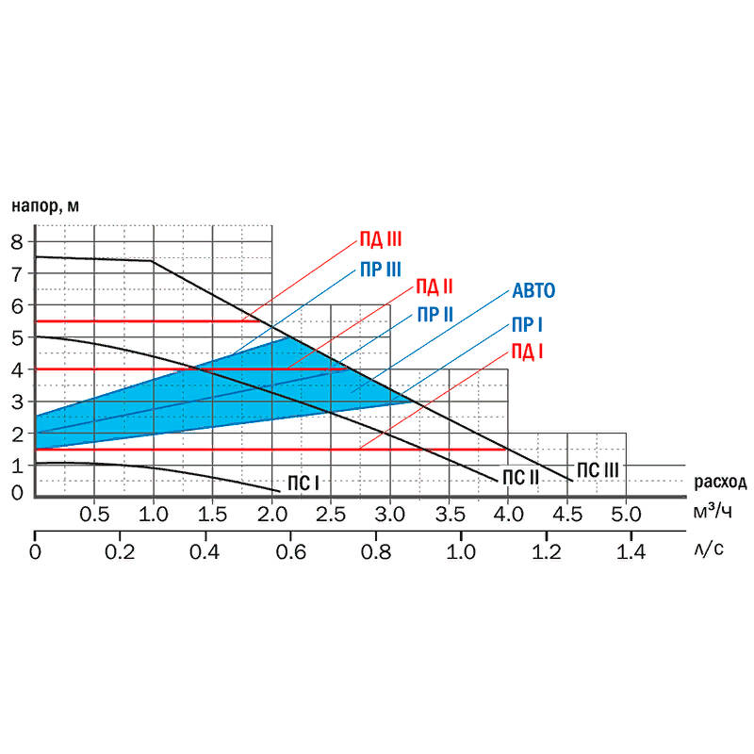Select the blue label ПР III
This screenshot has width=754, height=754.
coord(381,269)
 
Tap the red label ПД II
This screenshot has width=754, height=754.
coord(435,287)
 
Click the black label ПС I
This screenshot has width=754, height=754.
coord(303,483)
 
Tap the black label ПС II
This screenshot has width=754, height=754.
coord(519,478)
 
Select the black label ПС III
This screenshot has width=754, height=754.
coord(598,468)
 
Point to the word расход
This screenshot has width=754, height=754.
coord(720,483)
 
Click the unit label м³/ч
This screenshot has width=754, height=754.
coord(713,512)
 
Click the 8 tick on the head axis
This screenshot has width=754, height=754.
coord(16,241)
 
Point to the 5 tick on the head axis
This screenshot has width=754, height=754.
coord(16,336)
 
